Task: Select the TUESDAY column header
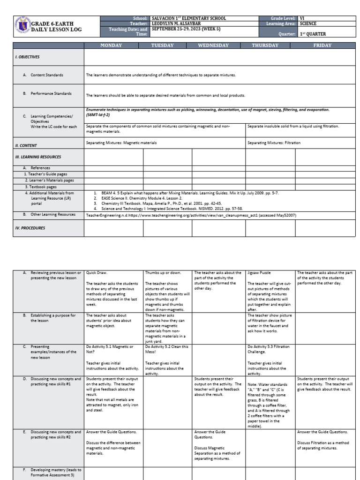[162, 45]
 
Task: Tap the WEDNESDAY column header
[213, 45]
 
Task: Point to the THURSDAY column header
[265, 45]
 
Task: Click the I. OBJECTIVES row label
[28, 57]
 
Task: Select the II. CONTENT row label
[26, 145]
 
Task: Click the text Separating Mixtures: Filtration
[274, 142]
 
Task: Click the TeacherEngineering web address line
[191, 215]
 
